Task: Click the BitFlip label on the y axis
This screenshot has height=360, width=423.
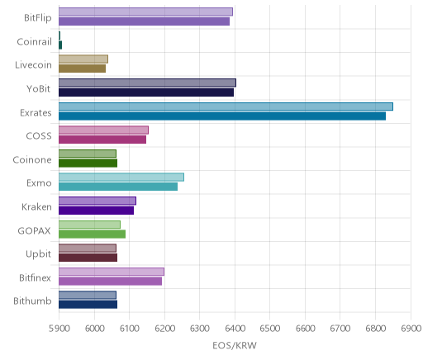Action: [38, 18]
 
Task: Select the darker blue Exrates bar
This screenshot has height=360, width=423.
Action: [222, 116]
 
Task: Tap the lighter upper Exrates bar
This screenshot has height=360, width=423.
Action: [226, 107]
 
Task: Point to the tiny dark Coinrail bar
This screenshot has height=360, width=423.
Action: [60, 45]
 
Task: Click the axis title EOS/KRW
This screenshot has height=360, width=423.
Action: [235, 345]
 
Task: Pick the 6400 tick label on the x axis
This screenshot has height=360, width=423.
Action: [235, 329]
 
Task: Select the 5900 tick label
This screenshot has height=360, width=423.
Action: [59, 329]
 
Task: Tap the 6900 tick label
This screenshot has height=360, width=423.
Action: [411, 329]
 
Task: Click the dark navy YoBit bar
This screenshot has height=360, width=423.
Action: [146, 92]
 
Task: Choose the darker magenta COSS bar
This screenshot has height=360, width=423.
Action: [102, 140]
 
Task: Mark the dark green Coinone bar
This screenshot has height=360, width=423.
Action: [88, 163]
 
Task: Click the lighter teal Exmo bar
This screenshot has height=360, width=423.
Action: [121, 178]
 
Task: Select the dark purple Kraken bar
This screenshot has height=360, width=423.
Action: [96, 211]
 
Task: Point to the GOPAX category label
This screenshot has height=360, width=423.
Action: [35, 230]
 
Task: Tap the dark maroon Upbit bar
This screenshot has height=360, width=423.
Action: [88, 258]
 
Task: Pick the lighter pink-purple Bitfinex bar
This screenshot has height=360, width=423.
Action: [112, 272]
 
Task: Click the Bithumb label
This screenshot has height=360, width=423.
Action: [32, 301]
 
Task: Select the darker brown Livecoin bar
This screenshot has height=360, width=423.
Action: [82, 69]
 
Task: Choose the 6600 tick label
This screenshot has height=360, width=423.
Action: [305, 329]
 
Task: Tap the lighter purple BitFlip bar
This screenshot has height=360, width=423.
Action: [145, 12]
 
